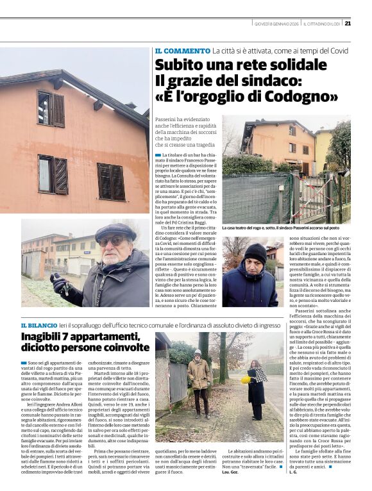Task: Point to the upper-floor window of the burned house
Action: coord(51,110)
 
